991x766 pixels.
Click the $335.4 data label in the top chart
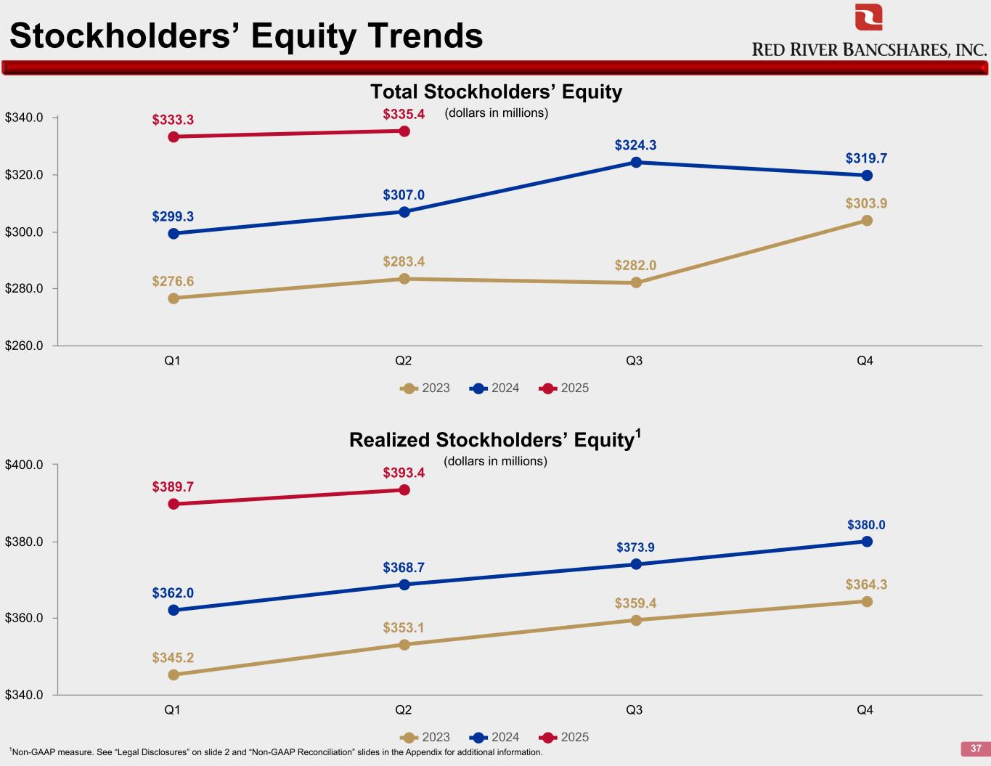click(x=404, y=114)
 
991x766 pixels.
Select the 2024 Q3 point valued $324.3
click(x=636, y=162)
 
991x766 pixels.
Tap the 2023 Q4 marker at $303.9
click(x=867, y=221)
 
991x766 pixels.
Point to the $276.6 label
click(x=173, y=281)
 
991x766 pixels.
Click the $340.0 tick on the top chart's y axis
click(x=25, y=118)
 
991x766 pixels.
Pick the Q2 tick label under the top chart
click(x=404, y=361)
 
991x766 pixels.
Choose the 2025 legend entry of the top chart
click(x=565, y=388)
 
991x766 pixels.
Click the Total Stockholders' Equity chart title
click(x=496, y=92)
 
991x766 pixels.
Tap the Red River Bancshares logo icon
click(x=868, y=17)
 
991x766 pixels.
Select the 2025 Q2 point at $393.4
click(x=404, y=490)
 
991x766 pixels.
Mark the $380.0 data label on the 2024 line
click(x=866, y=525)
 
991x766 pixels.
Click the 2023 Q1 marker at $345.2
click(x=174, y=675)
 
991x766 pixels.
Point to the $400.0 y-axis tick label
click(x=25, y=465)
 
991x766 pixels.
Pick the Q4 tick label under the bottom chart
click(x=865, y=710)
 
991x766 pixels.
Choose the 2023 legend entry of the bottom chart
click(x=425, y=737)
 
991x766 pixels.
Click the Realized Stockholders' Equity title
click(x=495, y=440)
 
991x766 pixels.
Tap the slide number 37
click(x=976, y=749)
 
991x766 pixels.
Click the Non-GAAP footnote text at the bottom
click(x=276, y=752)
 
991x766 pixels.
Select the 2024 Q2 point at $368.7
click(x=404, y=584)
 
